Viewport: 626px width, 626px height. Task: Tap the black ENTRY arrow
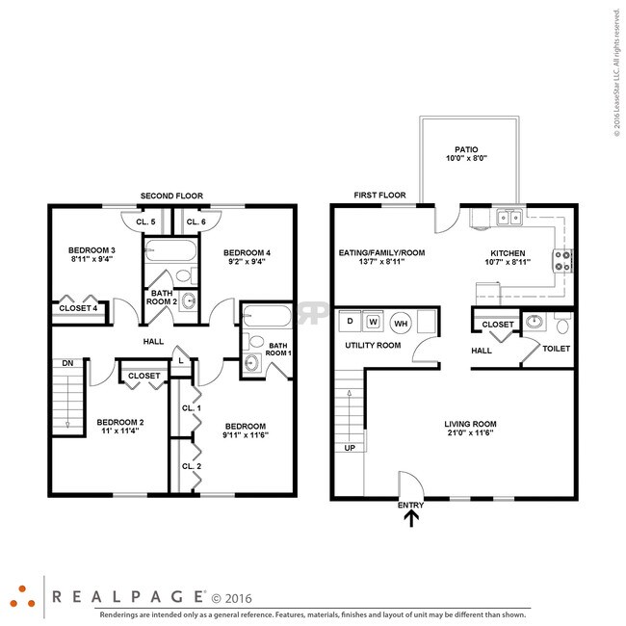411,520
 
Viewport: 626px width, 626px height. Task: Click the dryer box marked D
351,321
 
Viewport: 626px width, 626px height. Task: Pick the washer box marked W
375,321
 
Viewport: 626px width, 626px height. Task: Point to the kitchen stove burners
562,259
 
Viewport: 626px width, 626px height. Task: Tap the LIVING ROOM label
470,424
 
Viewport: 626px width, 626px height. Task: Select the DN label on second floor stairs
67,363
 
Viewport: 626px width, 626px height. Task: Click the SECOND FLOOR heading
171,196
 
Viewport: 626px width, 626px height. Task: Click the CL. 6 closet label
196,222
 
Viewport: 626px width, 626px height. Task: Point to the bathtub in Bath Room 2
170,253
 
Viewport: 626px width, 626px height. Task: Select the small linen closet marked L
180,361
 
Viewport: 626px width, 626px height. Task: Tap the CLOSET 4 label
78,308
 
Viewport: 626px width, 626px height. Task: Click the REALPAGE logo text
126,596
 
